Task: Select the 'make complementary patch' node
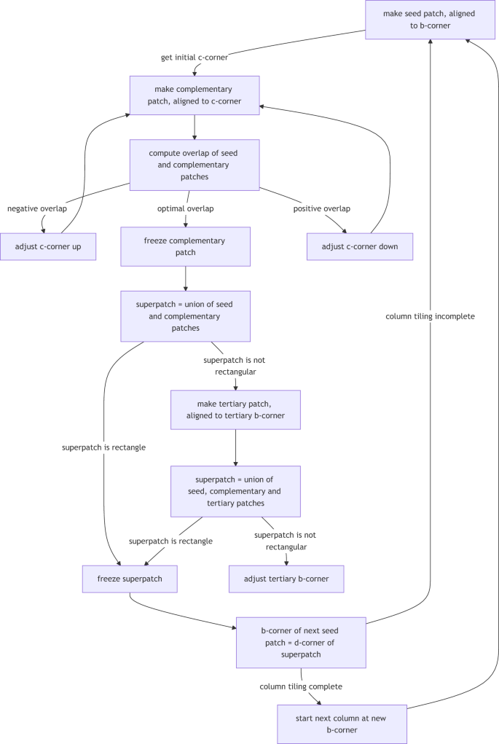195,95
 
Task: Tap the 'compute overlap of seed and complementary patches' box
195,165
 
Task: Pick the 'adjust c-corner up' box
48,246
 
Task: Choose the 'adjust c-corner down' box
360,246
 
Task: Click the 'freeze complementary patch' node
186,246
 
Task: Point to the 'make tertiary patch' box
235,410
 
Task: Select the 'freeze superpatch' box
130,579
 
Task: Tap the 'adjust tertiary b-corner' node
286,579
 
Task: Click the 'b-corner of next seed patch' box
301,642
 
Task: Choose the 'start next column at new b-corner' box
342,724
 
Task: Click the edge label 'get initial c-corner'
194,58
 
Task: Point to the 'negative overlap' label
37,208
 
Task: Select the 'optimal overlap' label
186,208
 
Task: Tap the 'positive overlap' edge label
321,208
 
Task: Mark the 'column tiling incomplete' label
431,316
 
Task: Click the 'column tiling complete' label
301,686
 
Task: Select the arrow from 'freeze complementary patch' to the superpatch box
186,278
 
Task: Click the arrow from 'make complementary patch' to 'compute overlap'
195,127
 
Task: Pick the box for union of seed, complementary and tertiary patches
235,491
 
